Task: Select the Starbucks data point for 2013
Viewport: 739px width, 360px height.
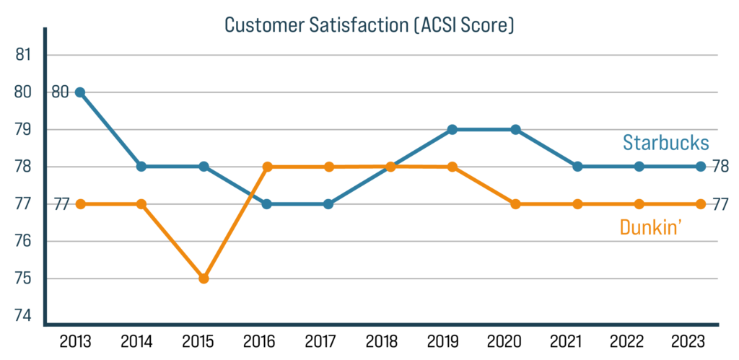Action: coord(79,92)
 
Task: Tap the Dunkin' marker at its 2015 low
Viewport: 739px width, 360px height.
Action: coord(204,278)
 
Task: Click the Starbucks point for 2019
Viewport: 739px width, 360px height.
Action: coord(452,130)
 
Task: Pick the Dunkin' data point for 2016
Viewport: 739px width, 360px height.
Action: coord(267,167)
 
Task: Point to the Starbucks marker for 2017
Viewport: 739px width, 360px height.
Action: coord(328,204)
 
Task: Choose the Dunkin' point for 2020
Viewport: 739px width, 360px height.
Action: coord(515,204)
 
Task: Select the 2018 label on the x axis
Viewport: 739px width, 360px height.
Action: coord(390,340)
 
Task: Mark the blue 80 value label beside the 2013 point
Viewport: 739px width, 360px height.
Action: coord(60,92)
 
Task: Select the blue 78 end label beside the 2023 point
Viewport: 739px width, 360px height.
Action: coord(720,167)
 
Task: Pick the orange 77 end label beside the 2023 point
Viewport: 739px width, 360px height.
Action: coord(720,204)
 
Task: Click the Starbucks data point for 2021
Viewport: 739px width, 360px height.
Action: coord(577,167)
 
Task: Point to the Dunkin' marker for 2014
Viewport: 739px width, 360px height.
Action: coord(141,204)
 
